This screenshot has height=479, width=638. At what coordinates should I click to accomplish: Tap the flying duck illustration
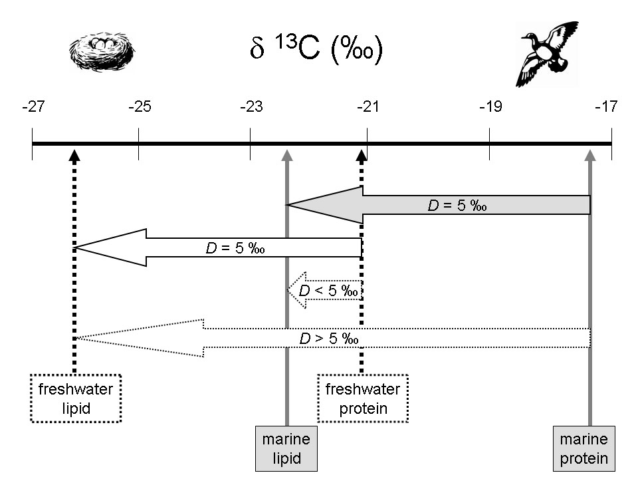click(x=546, y=53)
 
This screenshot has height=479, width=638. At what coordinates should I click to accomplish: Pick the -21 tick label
click(x=368, y=106)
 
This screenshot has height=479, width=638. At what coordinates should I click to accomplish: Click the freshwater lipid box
click(x=76, y=399)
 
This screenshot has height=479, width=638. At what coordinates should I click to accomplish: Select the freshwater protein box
click(x=363, y=399)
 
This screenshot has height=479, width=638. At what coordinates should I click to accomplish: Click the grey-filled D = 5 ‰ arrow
click(x=439, y=205)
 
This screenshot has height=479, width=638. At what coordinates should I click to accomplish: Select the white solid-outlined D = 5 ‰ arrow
click(x=219, y=247)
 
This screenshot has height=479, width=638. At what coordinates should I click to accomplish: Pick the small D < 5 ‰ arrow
click(x=326, y=290)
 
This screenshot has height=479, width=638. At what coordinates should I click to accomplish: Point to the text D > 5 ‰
click(x=330, y=338)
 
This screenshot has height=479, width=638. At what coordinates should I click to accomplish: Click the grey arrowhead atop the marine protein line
click(x=589, y=155)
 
